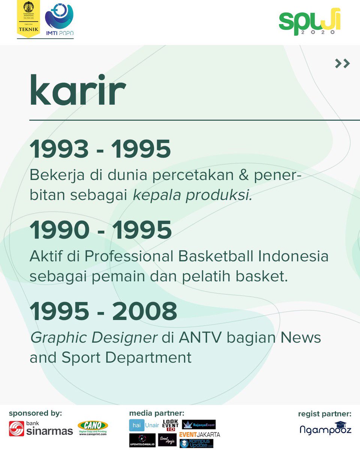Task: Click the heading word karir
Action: click(x=78, y=91)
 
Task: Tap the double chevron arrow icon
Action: click(x=342, y=64)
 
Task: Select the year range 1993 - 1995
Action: click(x=100, y=149)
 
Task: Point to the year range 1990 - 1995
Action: click(x=100, y=230)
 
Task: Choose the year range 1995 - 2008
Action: click(x=103, y=311)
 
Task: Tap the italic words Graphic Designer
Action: click(x=93, y=338)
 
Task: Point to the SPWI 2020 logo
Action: click(x=309, y=22)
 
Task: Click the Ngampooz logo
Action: click(x=325, y=428)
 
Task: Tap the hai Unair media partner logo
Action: click(x=144, y=425)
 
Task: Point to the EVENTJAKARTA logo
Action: click(x=199, y=435)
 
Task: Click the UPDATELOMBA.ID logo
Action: click(x=142, y=440)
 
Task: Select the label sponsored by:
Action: click(x=35, y=413)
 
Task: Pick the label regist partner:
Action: click(x=325, y=414)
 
